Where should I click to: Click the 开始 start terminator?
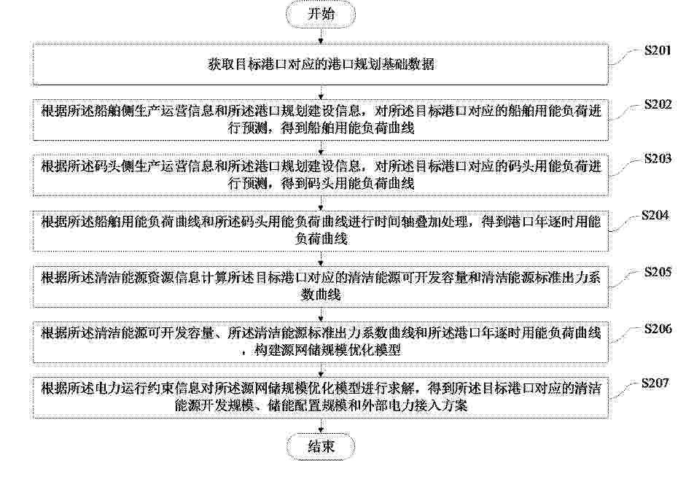coord(321,14)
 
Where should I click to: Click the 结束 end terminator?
coord(321,446)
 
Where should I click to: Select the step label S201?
coord(657,50)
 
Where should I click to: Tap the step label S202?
coord(657,104)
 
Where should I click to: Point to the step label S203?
coord(657,158)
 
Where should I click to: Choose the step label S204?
coord(655,215)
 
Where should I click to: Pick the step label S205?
coord(657,272)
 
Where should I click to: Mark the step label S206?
coord(657,329)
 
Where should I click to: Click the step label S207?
coord(655,383)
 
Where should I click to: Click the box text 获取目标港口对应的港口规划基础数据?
coord(321,65)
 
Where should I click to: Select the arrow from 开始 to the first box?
coord(321,36)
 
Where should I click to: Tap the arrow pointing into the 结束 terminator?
coord(321,425)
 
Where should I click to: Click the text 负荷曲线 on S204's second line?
coord(321,239)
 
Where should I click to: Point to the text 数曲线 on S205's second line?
coord(321,295)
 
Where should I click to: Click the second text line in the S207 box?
coord(321,405)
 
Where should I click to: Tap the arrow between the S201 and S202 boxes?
coord(321,93)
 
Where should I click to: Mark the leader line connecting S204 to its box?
coord(625,224)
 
